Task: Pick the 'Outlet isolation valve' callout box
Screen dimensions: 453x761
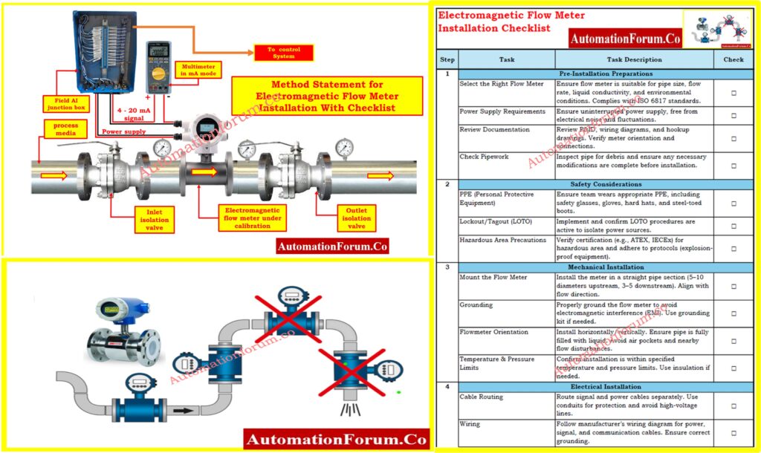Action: pos(356,218)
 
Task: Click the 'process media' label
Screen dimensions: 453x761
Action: pos(65,131)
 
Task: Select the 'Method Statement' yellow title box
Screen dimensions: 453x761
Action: pos(327,97)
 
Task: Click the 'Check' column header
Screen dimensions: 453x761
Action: pos(733,59)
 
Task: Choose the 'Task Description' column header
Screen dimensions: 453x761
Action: pos(634,59)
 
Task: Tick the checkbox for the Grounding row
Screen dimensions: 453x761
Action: pos(734,313)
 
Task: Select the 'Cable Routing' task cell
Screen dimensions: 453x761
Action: pos(506,397)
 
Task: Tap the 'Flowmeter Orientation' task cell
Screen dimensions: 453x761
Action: pos(506,332)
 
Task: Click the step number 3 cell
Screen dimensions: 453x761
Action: pos(447,267)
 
